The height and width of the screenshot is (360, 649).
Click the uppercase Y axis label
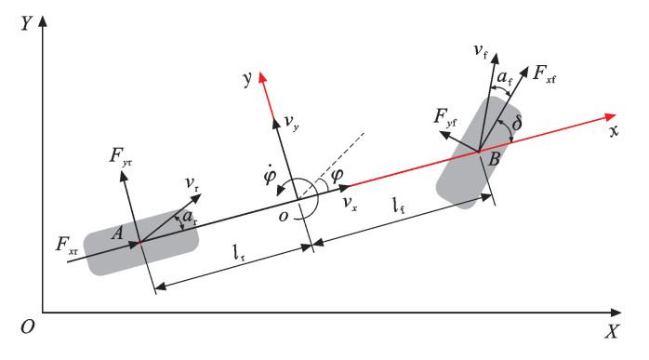(26, 23)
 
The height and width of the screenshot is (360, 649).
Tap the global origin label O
(28, 327)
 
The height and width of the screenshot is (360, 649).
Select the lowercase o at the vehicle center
(284, 216)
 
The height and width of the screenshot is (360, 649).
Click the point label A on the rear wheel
(117, 233)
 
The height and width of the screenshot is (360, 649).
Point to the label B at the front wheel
(495, 159)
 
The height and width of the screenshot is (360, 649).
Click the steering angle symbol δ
(517, 123)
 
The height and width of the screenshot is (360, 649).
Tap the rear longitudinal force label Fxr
(67, 245)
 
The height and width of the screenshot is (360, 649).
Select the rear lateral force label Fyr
(121, 156)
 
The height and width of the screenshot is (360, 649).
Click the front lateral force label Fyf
(445, 117)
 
